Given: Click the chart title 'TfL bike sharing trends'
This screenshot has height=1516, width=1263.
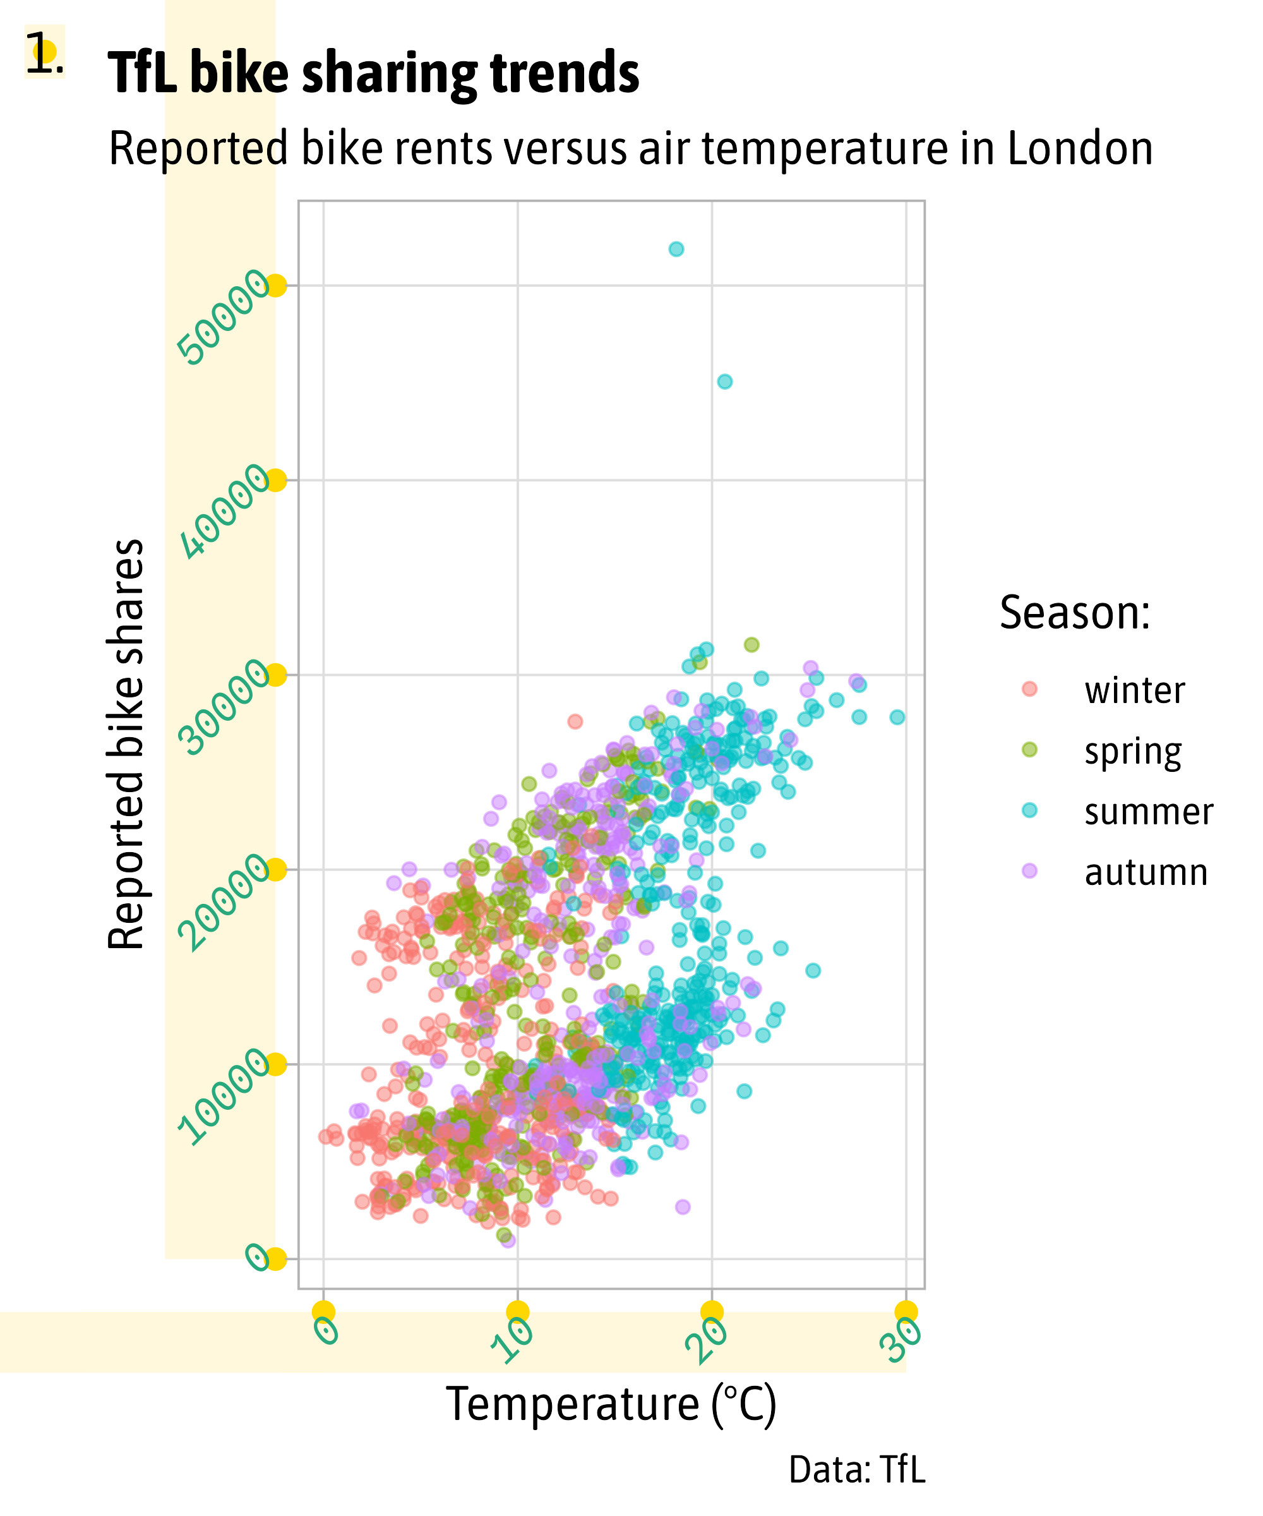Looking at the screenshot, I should pos(373,74).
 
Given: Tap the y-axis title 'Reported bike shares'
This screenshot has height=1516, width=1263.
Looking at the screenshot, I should pos(126,743).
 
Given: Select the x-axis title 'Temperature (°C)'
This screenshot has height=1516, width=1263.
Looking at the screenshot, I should pos(611,1404).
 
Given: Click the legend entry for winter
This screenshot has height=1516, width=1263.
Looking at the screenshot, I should pos(1134,691).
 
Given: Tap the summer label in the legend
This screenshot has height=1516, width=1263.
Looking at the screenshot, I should pos(1148,812).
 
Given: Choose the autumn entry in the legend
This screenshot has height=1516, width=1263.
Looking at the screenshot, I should pos(1146,873).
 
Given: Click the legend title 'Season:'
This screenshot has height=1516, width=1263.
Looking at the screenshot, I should pos(1074,613).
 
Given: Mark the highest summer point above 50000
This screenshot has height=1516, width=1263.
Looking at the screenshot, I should pos(676,249).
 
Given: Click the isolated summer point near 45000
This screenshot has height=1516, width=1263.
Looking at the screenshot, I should pos(724,381).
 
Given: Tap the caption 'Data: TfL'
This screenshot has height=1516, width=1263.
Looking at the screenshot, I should pos(857,1469).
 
